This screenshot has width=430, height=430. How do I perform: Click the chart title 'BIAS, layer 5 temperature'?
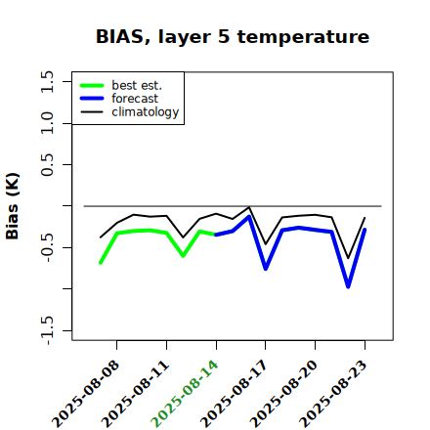(x=233, y=37)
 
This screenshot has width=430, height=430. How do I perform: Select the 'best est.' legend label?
(x=137, y=85)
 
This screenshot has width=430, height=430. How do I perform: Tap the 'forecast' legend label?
(x=135, y=99)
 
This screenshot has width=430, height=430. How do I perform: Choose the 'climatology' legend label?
(x=146, y=112)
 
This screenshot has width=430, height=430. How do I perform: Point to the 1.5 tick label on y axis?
(x=47, y=81)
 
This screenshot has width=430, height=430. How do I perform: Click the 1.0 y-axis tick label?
(x=47, y=123)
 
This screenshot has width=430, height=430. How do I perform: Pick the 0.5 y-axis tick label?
(x=47, y=164)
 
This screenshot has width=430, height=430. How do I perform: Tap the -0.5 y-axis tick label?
(x=47, y=247)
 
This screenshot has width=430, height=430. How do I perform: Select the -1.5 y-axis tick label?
(x=47, y=330)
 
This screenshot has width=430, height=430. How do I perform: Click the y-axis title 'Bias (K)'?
(x=12, y=206)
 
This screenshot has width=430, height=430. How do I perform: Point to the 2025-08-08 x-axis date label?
(x=85, y=394)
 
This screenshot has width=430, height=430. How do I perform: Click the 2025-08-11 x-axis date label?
(x=135, y=394)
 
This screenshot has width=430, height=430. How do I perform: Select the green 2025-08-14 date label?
(x=185, y=394)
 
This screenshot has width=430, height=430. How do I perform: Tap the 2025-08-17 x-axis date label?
(x=234, y=394)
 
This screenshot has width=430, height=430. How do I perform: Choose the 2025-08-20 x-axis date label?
(x=283, y=394)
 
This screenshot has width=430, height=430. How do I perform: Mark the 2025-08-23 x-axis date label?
(x=333, y=394)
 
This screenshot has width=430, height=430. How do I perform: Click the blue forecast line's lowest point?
(x=348, y=286)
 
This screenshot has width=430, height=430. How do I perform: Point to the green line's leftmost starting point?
(x=101, y=263)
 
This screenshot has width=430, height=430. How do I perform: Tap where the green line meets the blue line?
(x=216, y=235)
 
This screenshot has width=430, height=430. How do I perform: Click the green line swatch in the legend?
(x=92, y=85)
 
